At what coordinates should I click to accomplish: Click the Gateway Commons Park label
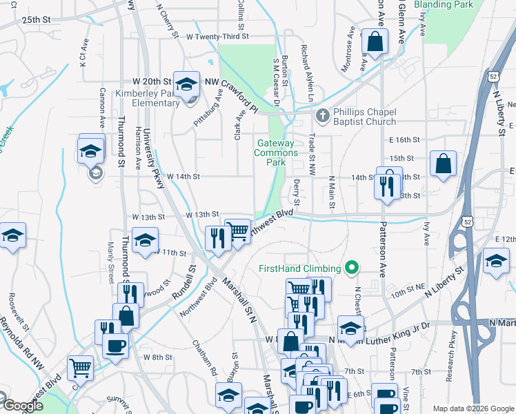(x=277, y=152)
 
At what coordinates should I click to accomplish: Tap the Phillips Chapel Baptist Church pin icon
(x=321, y=115)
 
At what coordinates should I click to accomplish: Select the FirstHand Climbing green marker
(x=352, y=267)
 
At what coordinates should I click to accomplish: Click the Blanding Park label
(x=444, y=5)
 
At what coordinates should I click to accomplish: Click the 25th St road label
(x=37, y=21)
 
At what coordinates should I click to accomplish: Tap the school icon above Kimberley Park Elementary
(x=186, y=84)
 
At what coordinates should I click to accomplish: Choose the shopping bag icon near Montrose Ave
(x=375, y=41)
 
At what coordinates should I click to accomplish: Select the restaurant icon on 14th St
(x=387, y=183)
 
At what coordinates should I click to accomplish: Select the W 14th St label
(x=183, y=177)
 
